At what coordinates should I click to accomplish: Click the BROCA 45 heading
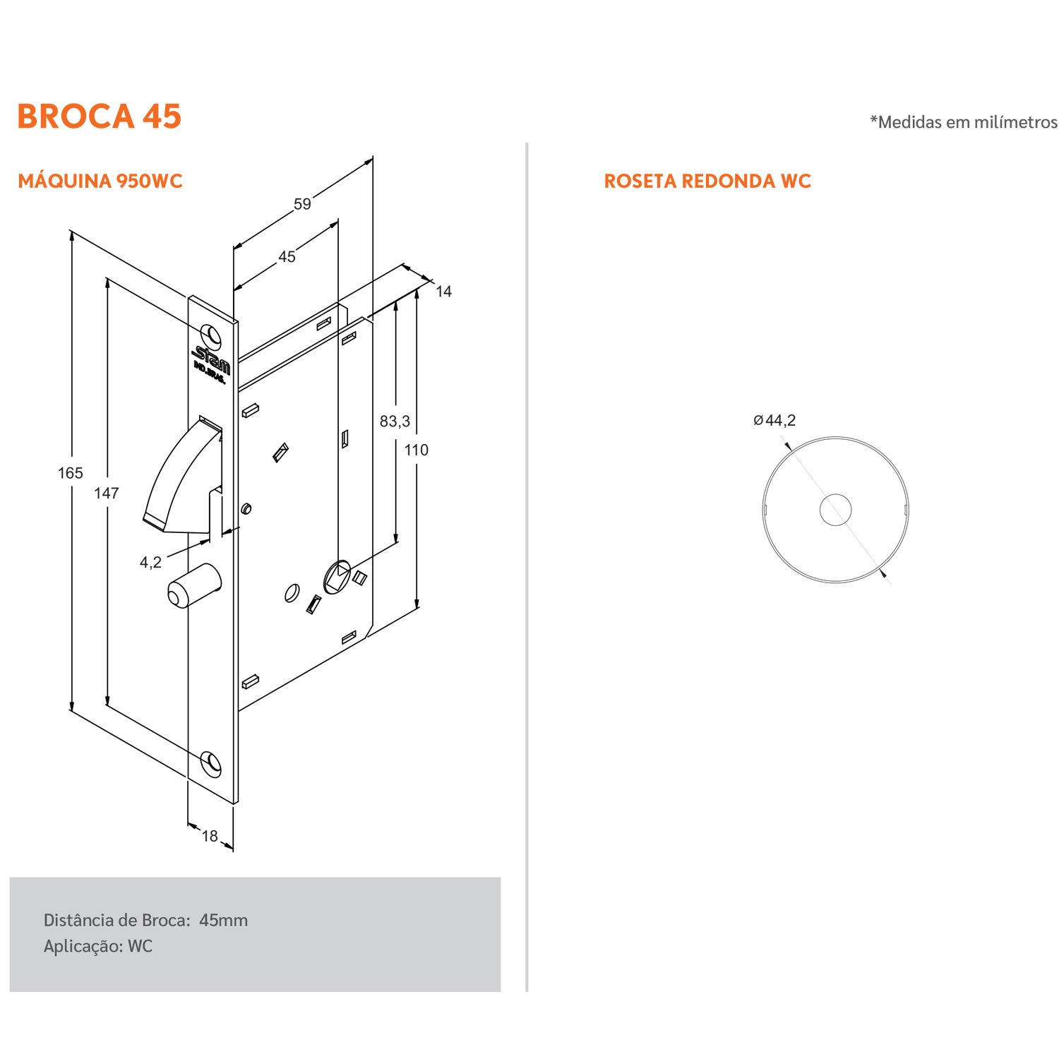pos(100,116)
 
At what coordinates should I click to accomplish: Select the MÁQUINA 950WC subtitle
pos(100,181)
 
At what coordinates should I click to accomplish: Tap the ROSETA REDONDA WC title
pos(707,181)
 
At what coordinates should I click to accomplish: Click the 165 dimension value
pos(71,473)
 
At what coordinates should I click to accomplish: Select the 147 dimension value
pos(107,493)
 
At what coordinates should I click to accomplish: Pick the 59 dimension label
pos(302,204)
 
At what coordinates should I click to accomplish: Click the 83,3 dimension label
pos(395,421)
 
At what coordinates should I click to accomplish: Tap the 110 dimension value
pos(417,450)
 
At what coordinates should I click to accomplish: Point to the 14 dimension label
pos(443,291)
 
